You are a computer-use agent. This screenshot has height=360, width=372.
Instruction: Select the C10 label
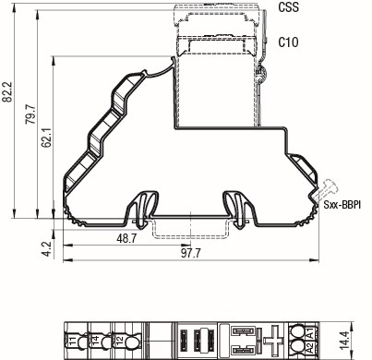(x=287, y=42)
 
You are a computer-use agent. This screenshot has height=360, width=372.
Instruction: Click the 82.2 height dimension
(x=9, y=92)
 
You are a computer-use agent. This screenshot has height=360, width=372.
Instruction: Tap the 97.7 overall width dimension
(x=191, y=252)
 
